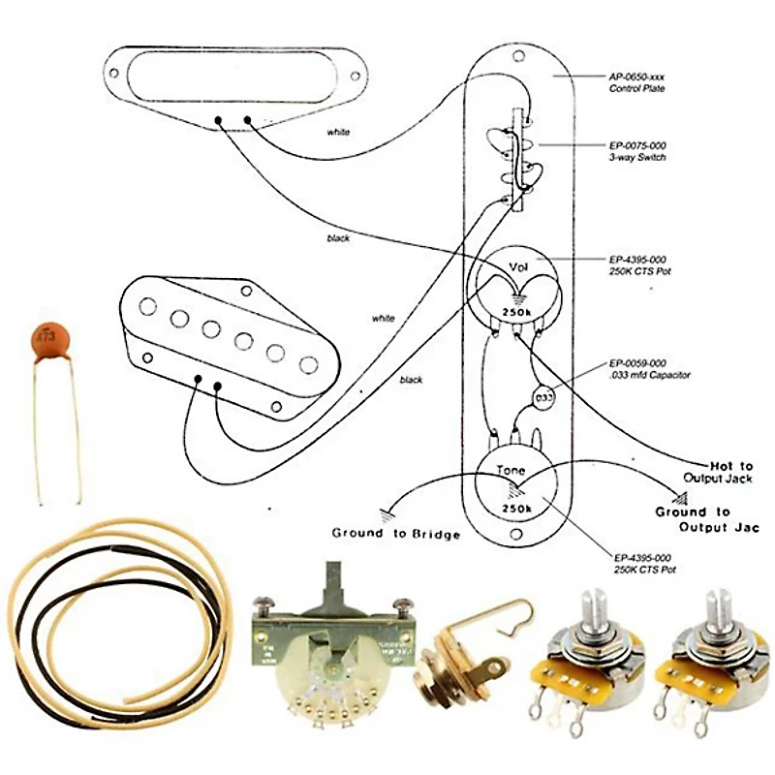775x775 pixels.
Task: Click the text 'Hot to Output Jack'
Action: pos(718,471)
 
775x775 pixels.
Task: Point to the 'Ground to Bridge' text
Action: pos(396,534)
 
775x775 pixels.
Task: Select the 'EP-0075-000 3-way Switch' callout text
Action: pos(638,150)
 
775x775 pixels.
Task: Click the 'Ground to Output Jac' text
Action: pos(706,519)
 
